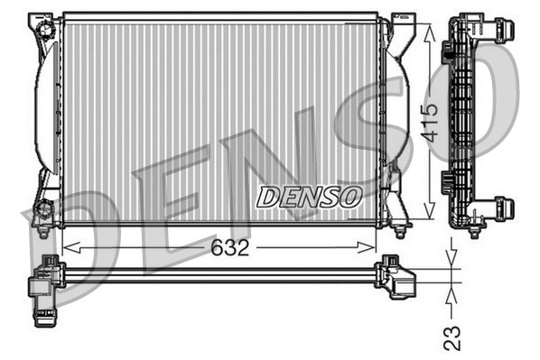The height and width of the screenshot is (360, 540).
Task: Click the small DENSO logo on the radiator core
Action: (309, 196)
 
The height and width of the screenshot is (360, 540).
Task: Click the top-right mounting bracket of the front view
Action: (399, 25)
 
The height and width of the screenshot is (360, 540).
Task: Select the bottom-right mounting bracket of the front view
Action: (398, 215)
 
